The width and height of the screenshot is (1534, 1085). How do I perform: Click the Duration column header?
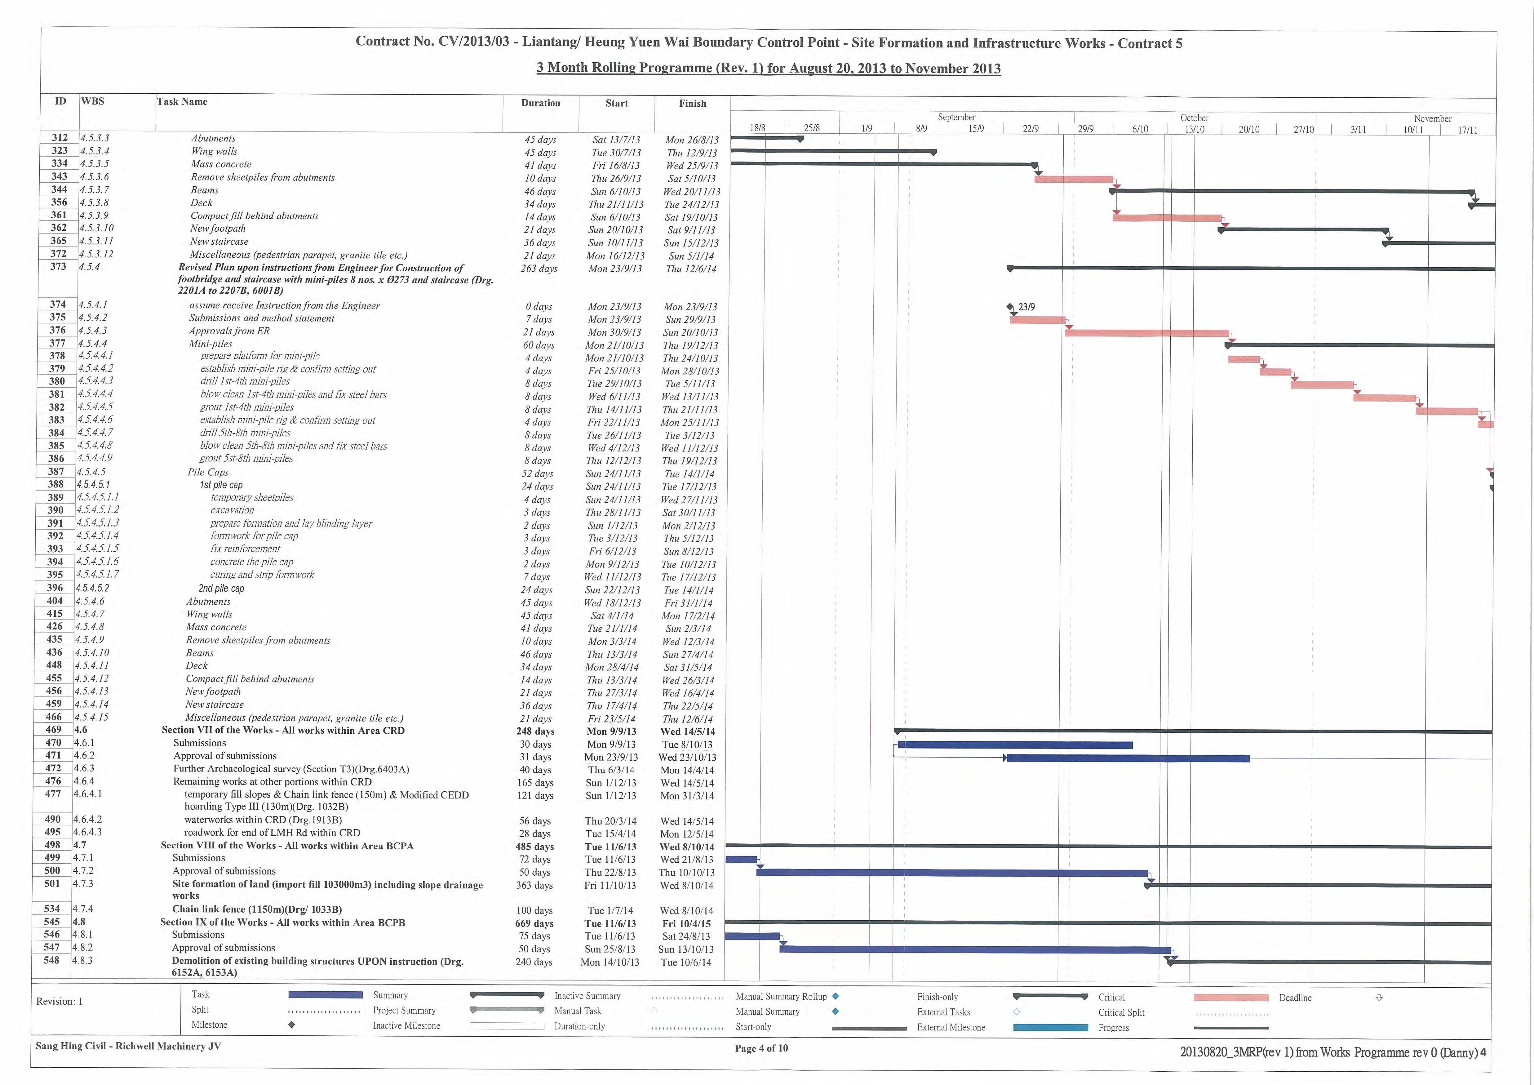[x=540, y=103]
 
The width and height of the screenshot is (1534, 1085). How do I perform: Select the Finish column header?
[x=692, y=104]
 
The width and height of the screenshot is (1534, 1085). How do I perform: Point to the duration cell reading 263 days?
[x=539, y=269]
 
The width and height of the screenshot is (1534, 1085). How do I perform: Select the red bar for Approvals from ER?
[x=1146, y=333]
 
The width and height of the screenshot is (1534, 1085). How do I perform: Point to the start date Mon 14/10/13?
[x=609, y=962]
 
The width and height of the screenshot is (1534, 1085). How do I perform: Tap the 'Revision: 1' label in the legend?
[x=60, y=1001]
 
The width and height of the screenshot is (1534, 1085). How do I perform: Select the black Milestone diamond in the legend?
[x=292, y=1025]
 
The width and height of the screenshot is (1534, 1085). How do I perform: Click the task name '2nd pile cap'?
[x=221, y=589]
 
